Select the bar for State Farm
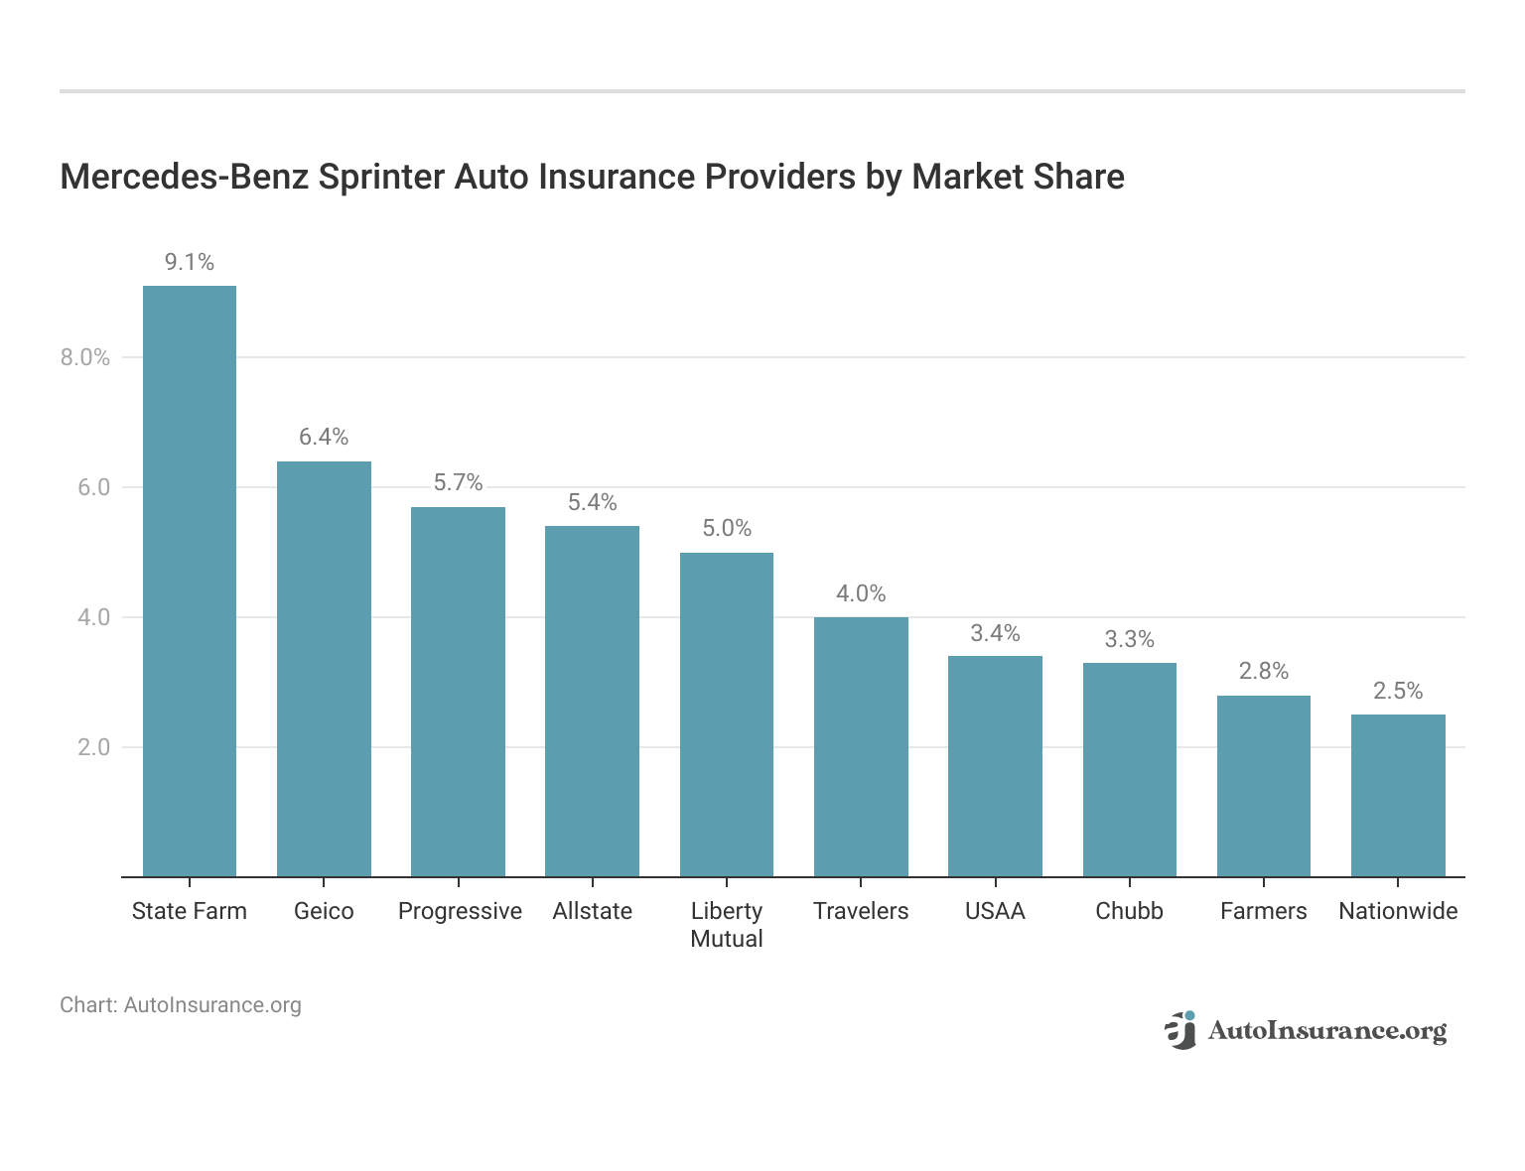[190, 581]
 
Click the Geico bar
[324, 669]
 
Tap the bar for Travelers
[861, 746]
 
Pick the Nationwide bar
[1398, 795]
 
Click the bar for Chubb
[1129, 769]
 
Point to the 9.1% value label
[190, 262]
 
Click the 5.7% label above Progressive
[458, 483]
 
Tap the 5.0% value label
[727, 528]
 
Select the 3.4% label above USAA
[995, 633]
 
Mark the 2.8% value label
[1264, 672]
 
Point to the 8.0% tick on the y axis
[85, 358]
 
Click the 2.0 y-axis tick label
[93, 747]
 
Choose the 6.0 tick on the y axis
[93, 487]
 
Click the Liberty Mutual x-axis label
[727, 925]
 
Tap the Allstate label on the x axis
[593, 911]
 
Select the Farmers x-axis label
[1264, 911]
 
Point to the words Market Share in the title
[1018, 177]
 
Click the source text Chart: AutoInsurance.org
[181, 1005]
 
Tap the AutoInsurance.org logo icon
[1181, 1031]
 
